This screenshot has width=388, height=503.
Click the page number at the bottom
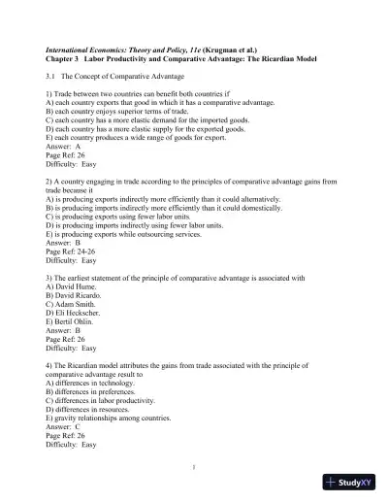tap(194, 466)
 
